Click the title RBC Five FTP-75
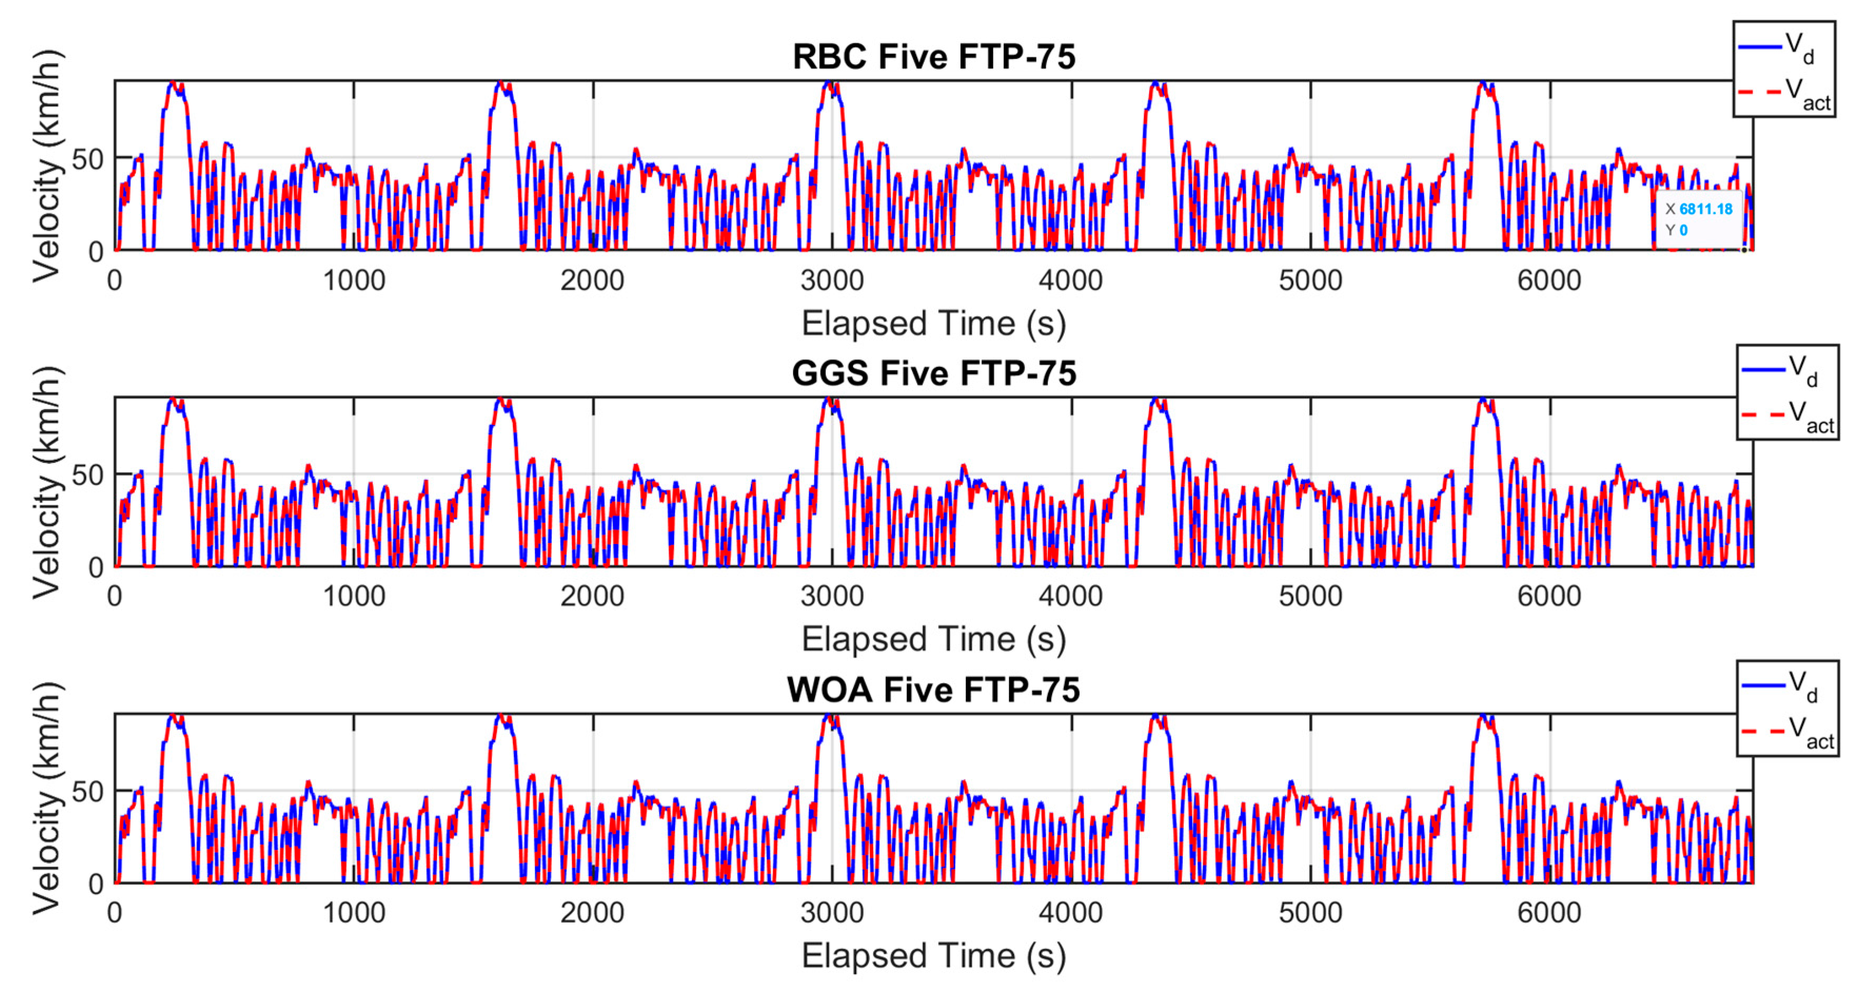(934, 57)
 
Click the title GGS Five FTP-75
(934, 373)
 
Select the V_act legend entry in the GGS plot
(1787, 416)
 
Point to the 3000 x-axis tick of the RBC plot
(832, 280)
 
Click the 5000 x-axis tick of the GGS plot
(1310, 596)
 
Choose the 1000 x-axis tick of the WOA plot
(353, 913)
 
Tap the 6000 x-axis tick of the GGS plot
(1549, 596)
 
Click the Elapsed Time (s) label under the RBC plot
(934, 323)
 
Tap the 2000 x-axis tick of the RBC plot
(592, 280)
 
